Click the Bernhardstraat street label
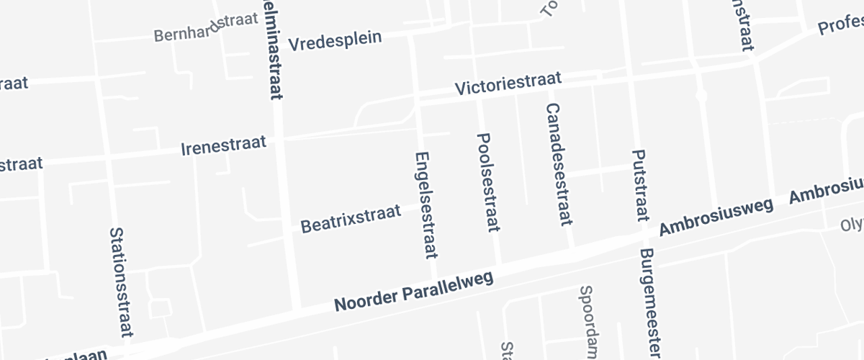pos(206,27)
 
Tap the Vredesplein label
pos(335,41)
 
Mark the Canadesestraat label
pos(559,164)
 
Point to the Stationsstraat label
pos(121,282)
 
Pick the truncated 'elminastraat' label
pos(273,49)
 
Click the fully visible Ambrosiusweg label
pos(716,217)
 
